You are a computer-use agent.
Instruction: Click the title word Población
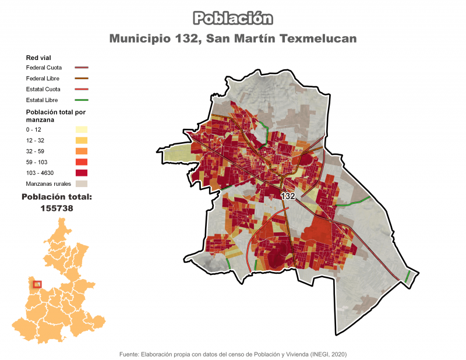[232, 18]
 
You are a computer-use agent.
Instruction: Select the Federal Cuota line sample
[81, 68]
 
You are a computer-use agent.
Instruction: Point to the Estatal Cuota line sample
[81, 89]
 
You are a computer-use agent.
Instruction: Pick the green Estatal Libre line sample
[81, 100]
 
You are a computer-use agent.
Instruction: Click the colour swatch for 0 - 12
[81, 129]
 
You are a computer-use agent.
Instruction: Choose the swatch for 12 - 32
[81, 140]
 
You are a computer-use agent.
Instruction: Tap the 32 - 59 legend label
[37, 151]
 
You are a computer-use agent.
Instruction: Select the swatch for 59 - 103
[81, 162]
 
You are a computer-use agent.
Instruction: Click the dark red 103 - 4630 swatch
[81, 172]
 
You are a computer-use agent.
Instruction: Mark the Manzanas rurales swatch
[81, 183]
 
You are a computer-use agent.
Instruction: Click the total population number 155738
[57, 207]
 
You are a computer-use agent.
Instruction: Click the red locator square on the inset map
[37, 284]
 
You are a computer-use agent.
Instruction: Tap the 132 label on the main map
[288, 196]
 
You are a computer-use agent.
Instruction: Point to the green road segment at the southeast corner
[408, 276]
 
